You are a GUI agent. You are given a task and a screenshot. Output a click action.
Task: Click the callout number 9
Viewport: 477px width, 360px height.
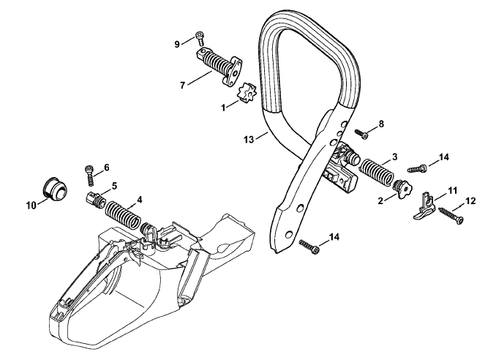(x=177, y=45)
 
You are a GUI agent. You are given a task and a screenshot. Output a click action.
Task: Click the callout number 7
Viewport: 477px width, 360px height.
(x=182, y=86)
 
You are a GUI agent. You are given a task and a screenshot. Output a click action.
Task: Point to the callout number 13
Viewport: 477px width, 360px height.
(x=249, y=140)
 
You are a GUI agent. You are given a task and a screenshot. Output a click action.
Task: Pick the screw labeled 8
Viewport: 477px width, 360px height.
(x=362, y=134)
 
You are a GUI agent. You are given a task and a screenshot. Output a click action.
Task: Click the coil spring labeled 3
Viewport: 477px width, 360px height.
(x=378, y=172)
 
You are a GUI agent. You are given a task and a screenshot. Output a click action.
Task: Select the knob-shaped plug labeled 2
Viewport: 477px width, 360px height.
(x=402, y=190)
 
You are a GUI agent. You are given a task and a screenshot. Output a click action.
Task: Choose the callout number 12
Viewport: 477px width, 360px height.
(x=470, y=200)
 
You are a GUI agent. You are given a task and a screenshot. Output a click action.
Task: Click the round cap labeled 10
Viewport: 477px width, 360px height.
(x=55, y=188)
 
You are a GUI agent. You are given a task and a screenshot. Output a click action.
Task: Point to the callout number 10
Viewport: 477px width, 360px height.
(x=31, y=206)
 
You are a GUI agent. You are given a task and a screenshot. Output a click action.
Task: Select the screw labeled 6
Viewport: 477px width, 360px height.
(x=89, y=176)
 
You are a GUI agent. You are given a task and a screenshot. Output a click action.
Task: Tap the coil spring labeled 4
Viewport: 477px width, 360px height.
(x=123, y=215)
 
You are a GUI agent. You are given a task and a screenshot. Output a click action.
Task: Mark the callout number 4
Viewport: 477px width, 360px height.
(x=139, y=200)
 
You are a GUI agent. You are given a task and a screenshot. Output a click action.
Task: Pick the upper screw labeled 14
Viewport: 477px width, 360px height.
(x=417, y=168)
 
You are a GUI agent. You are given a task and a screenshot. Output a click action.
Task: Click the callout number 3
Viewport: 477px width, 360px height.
(x=395, y=157)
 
